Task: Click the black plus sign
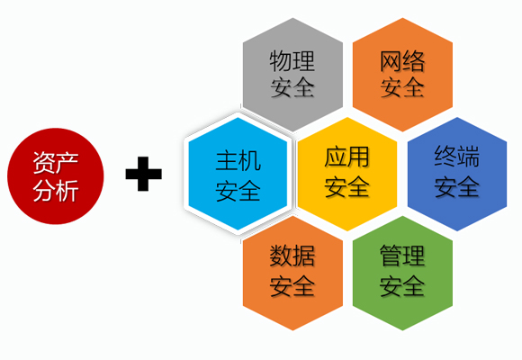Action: point(143,174)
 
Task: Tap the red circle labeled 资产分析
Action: point(56,176)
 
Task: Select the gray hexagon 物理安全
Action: point(293,75)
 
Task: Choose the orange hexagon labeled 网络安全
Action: point(402,75)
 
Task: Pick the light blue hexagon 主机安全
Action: point(238,174)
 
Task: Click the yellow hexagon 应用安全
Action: point(347,174)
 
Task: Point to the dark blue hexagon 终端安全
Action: point(457,174)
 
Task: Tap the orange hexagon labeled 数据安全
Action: point(293,273)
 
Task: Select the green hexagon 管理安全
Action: point(402,273)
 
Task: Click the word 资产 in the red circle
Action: point(56,163)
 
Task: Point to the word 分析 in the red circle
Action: point(56,191)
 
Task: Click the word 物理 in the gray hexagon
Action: point(292,61)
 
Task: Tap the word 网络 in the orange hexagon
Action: point(402,61)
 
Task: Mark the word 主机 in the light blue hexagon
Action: point(238,161)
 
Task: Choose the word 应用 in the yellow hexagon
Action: point(346,157)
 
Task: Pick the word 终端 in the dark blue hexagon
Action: point(457,157)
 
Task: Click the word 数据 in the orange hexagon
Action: point(292,256)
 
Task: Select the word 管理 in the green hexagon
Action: point(402,256)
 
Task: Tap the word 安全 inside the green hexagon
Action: point(402,285)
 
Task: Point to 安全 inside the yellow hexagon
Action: point(346,186)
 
